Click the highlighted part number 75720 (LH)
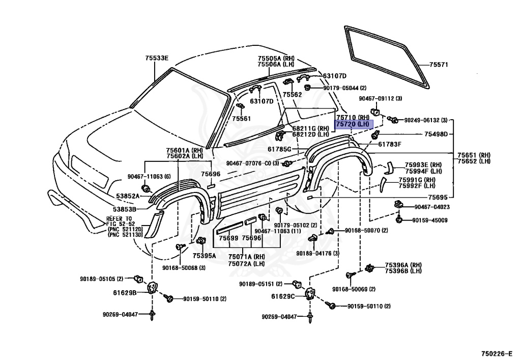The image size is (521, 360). point(353,124)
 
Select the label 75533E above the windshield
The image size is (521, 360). point(156,58)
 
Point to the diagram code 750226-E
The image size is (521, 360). point(499,353)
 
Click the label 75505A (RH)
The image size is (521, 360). point(276,59)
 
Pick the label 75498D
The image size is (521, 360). point(436,134)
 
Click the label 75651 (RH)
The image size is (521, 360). point(473,155)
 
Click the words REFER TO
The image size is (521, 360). point(119,218)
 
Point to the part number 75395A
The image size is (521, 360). point(204,255)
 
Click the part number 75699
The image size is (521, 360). point(228,238)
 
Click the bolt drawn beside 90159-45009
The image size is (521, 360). point(400,219)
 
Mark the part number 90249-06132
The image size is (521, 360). point(422,120)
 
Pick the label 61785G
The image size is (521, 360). point(279,149)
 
